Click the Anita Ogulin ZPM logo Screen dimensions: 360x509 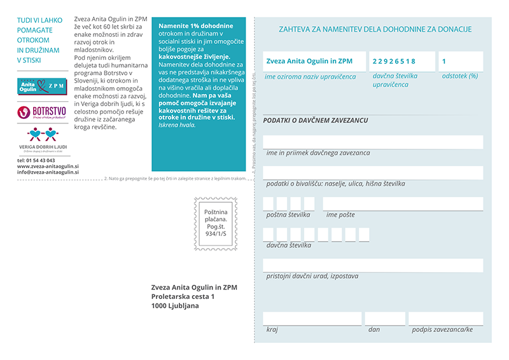[42, 85]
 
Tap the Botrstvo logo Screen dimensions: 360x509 [42, 112]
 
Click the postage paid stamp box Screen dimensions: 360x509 [214, 223]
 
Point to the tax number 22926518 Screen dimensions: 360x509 [394, 62]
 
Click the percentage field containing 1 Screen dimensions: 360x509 [460, 62]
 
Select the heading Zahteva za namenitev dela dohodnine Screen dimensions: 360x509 [375, 29]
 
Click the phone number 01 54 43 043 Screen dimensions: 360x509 [36, 160]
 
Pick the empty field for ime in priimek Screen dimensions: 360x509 [373, 142]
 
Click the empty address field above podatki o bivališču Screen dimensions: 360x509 [373, 173]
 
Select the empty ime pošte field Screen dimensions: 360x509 [402, 204]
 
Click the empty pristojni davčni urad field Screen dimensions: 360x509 [373, 265]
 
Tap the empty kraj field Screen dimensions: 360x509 [312, 319]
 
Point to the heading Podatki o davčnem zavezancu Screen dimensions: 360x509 [315, 120]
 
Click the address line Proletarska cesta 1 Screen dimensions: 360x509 [183, 296]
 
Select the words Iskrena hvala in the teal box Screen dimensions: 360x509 [178, 125]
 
